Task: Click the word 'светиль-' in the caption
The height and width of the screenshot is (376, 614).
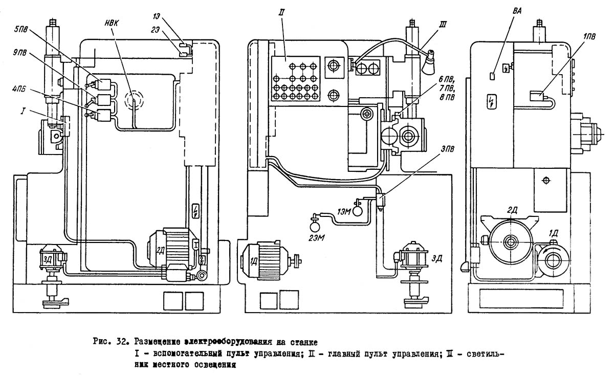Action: pyautogui.click(x=484, y=353)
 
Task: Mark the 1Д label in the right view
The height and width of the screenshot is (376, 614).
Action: pyautogui.click(x=554, y=233)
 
